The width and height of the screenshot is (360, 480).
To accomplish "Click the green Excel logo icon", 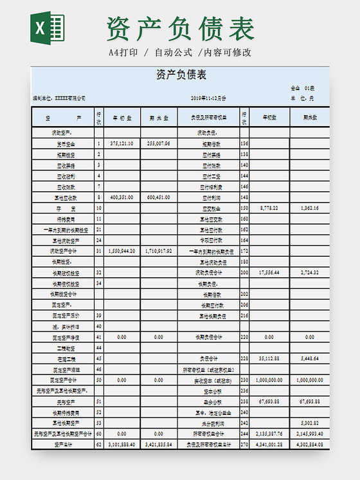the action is [x=47, y=28].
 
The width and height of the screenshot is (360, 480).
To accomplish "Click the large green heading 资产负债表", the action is [x=181, y=29].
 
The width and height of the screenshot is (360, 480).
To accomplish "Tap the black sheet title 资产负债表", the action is [x=181, y=75].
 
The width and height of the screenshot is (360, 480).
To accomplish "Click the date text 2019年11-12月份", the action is [x=209, y=98].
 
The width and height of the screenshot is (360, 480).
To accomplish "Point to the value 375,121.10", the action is [x=122, y=143].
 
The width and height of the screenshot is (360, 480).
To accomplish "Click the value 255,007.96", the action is [x=159, y=143].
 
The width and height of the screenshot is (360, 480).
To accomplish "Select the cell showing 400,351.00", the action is [x=122, y=198].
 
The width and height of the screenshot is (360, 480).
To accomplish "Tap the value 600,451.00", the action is [x=159, y=198].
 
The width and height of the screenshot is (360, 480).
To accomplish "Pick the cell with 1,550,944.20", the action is [x=122, y=251].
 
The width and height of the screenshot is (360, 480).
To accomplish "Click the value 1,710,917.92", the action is [x=159, y=251].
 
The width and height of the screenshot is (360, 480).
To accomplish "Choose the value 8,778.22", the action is [x=269, y=208].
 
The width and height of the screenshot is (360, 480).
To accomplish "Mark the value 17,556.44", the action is [x=269, y=273].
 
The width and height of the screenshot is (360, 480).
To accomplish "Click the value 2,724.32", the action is [x=310, y=273].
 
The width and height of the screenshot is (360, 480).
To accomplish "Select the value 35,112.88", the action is [x=269, y=358].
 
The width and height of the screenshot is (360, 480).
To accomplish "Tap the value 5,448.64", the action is [x=310, y=358].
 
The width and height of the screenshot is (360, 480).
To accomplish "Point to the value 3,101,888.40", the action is [x=122, y=445].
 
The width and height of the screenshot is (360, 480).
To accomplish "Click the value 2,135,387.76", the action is [x=269, y=434].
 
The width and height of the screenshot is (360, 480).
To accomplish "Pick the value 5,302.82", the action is [x=310, y=423].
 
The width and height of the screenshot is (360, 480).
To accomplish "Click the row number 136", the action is [x=244, y=143].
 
